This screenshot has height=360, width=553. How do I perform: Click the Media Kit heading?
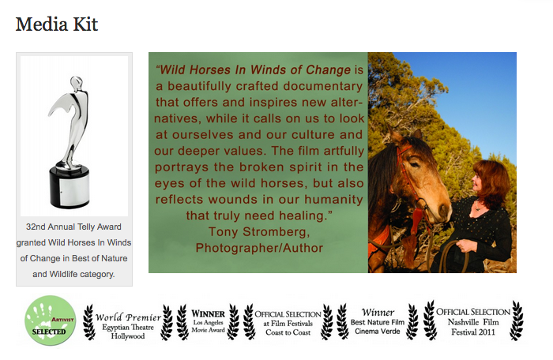point(57,24)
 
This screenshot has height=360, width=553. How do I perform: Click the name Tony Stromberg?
point(259,231)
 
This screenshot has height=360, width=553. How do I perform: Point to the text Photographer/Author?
point(259,248)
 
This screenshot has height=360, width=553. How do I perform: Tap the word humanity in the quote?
point(333,199)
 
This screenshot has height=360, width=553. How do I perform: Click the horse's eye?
point(414,164)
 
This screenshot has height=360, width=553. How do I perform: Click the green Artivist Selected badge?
point(50,321)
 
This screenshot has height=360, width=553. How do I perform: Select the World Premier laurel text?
point(128,317)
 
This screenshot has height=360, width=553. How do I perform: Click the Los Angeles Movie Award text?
point(208,326)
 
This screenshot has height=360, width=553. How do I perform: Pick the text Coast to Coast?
point(288,332)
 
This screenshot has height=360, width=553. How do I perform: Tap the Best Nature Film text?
point(378,322)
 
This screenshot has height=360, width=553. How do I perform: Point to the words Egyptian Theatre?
point(128,327)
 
